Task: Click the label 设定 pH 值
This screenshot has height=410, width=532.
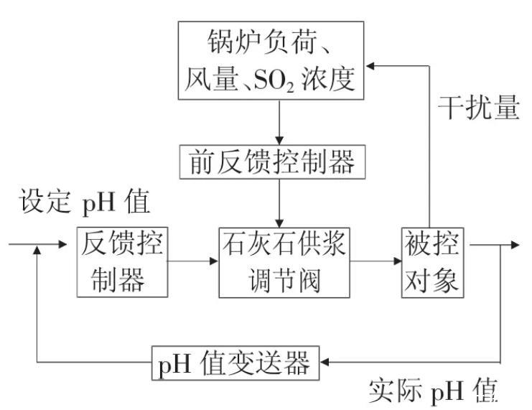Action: (85, 200)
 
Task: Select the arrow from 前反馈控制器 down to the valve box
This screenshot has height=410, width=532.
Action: (279, 204)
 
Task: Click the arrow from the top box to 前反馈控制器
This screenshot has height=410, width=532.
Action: (279, 123)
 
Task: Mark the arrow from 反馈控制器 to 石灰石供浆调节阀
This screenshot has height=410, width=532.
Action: (192, 260)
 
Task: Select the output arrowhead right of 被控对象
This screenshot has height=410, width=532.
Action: (513, 246)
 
